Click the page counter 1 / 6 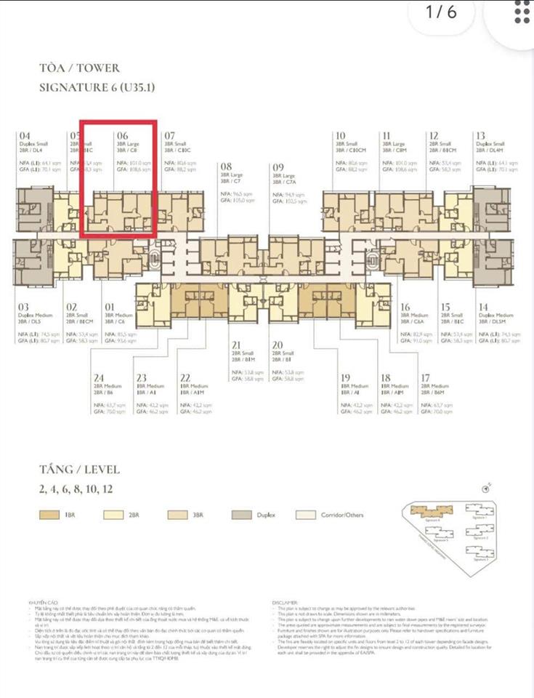point(441,12)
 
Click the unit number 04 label point(25,136)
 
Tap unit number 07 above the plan point(170,136)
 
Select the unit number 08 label point(227,167)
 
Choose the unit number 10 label point(340,136)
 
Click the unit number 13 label point(481,136)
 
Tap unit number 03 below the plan point(24,308)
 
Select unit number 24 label point(98,377)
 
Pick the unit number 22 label point(185,377)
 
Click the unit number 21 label point(236,345)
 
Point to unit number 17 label point(426,377)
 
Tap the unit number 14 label point(483,308)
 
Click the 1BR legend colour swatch point(50,515)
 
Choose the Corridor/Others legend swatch point(306,515)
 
